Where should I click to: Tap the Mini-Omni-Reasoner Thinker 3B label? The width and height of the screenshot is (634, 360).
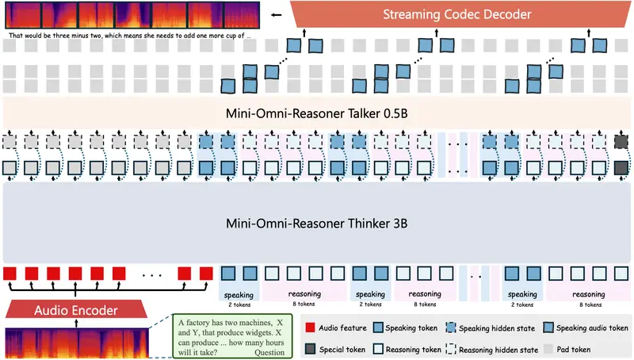tap(317, 224)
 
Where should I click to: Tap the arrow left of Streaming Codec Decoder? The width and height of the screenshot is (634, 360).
tap(277, 14)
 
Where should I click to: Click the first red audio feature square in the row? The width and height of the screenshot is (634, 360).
tap(10, 274)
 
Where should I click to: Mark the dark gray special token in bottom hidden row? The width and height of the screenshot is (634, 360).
tap(621, 169)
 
